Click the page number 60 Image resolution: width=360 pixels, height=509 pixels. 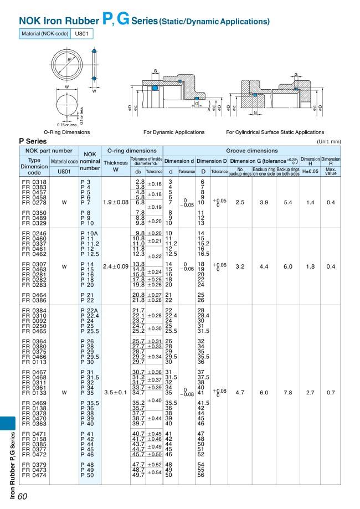[x=23, y=496]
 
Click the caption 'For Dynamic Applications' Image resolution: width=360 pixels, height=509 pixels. [x=174, y=132]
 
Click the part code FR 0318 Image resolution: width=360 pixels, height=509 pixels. [x=34, y=182]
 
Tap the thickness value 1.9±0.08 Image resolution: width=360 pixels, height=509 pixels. [x=116, y=202]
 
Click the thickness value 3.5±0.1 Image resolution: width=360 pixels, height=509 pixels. [x=116, y=392]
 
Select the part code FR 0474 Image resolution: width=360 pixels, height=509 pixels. [x=34, y=475]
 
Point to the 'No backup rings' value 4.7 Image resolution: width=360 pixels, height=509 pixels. [x=240, y=392]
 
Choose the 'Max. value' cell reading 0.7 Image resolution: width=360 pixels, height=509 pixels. [x=331, y=392]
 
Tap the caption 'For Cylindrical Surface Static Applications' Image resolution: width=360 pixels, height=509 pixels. [x=275, y=132]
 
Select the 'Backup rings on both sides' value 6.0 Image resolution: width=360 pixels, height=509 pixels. [x=289, y=266]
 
